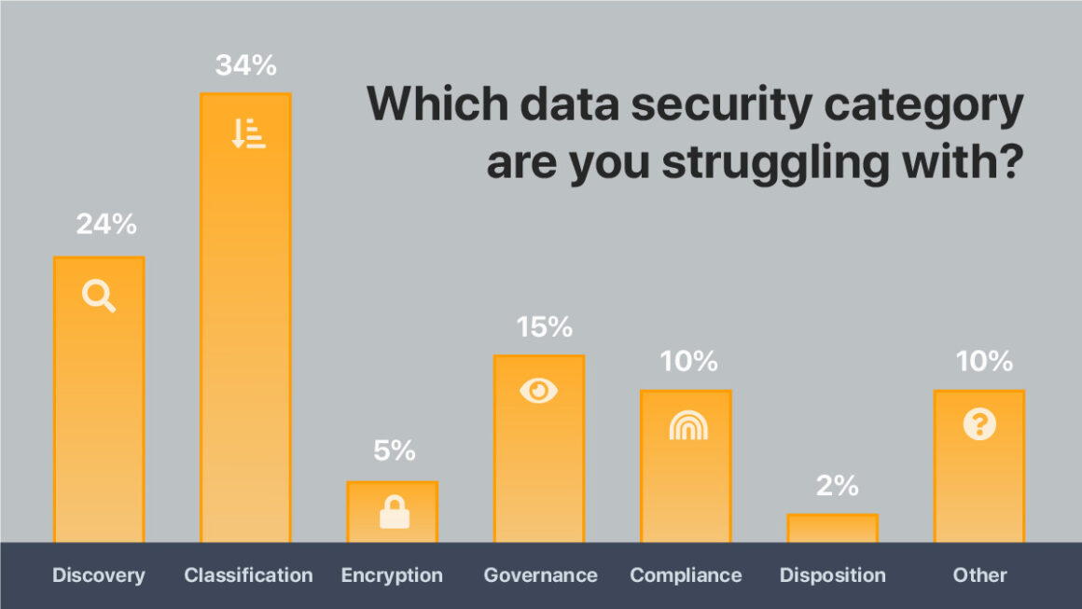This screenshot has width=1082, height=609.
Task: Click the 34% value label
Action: tap(246, 65)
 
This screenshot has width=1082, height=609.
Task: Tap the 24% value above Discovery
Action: tap(106, 225)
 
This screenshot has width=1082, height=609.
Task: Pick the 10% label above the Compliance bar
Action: tap(690, 361)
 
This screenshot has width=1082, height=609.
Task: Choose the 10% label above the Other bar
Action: tap(985, 361)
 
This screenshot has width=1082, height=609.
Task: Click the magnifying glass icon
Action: tap(99, 297)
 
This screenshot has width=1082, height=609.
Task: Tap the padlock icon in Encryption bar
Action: tap(395, 512)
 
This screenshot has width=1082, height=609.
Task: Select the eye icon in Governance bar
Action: tap(538, 391)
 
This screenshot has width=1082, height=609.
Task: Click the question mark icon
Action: tap(979, 425)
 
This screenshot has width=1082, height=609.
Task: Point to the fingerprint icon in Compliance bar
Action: tap(688, 425)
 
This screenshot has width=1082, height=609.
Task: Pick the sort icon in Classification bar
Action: tap(248, 133)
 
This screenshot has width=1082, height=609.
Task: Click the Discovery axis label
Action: tap(99, 575)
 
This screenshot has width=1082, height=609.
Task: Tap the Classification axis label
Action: tap(248, 575)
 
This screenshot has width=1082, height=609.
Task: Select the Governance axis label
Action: tap(540, 575)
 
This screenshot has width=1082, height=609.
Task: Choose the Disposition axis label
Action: tap(833, 575)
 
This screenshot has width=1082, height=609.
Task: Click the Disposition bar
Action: tap(833, 528)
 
